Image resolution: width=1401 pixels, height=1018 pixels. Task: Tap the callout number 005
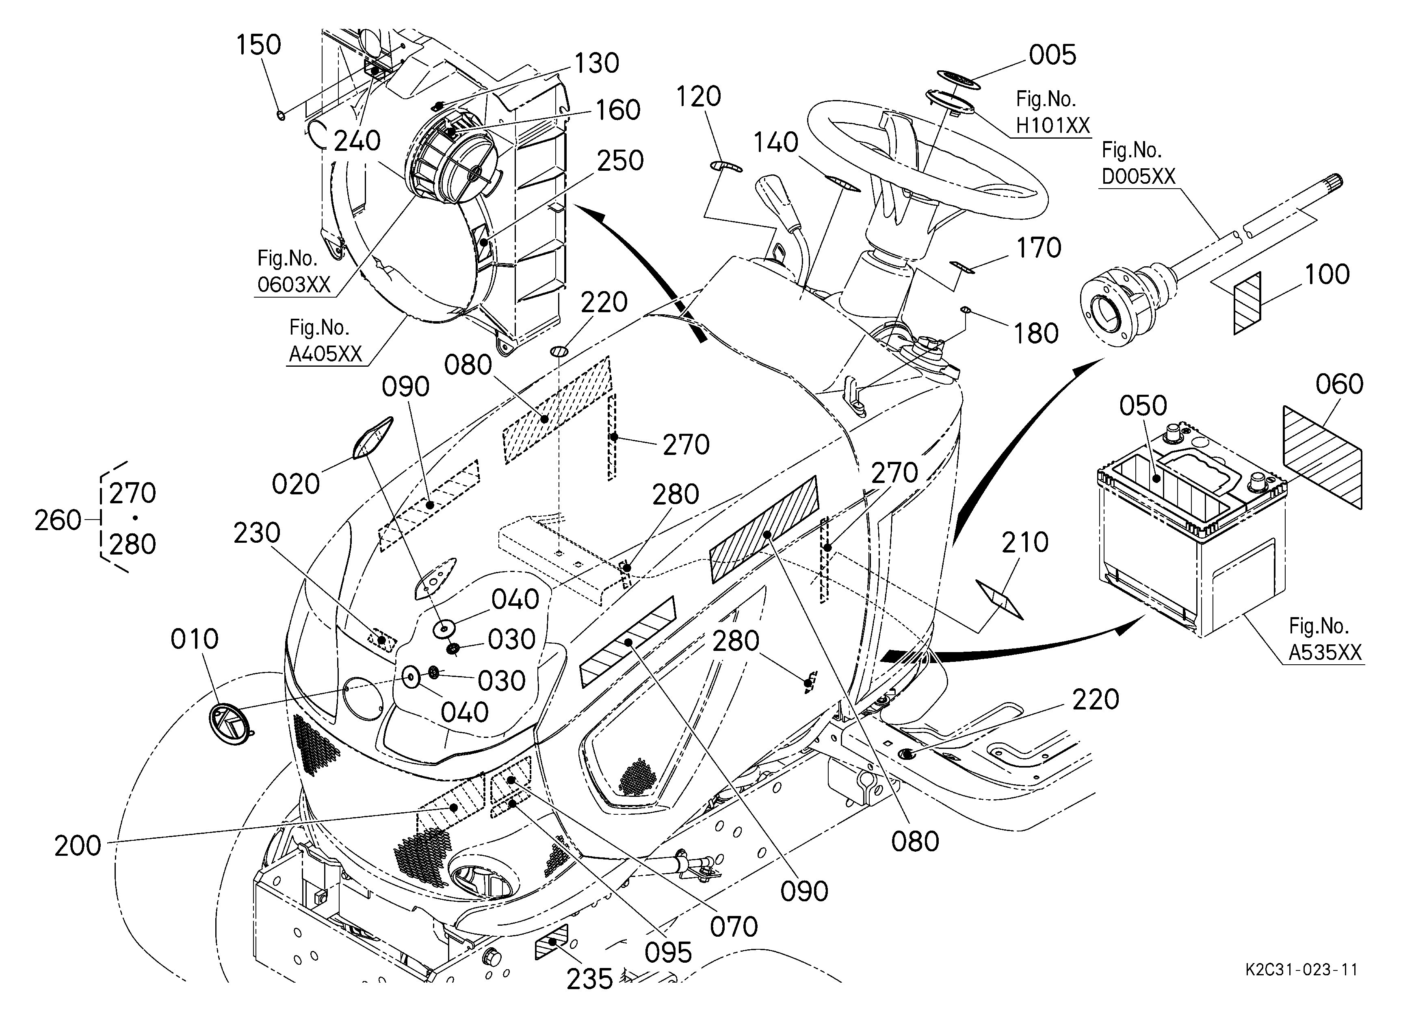tap(1052, 55)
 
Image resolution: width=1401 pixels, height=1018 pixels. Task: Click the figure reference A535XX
tap(1325, 653)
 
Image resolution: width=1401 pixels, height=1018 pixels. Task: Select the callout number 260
tap(57, 520)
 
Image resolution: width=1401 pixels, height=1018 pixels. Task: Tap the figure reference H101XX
tap(1053, 126)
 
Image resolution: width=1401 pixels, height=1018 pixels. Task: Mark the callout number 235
tap(590, 979)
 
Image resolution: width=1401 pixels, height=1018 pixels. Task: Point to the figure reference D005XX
tap(1139, 177)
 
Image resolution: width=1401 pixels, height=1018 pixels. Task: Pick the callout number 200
tap(78, 846)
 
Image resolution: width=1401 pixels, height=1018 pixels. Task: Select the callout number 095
tap(668, 953)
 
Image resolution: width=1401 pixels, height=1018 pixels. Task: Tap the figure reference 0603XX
tap(294, 285)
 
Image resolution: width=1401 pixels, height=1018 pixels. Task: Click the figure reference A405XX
tap(325, 354)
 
